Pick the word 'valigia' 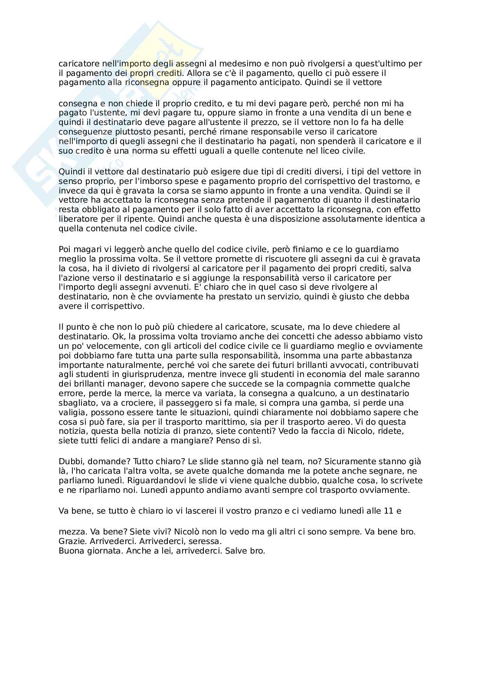tap(71, 413)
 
